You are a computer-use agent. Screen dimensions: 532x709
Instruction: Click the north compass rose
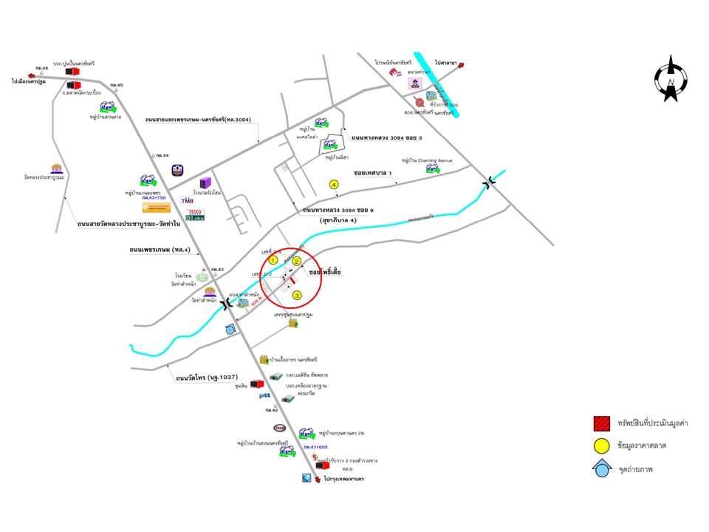(x=671, y=78)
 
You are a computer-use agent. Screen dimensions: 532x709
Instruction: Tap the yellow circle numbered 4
(x=334, y=184)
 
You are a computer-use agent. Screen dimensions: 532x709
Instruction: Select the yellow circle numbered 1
(x=273, y=260)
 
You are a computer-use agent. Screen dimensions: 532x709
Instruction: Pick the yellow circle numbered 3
(x=298, y=296)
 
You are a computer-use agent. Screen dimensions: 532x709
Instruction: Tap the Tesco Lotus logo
(x=195, y=214)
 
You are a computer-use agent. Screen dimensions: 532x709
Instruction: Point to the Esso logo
(x=280, y=428)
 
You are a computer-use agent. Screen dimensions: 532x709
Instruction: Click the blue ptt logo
(x=265, y=396)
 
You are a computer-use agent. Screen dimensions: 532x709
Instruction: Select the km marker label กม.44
(x=161, y=156)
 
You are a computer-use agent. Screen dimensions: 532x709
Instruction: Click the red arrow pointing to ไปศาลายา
(x=462, y=65)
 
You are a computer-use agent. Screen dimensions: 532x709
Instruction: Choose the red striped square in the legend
(x=601, y=423)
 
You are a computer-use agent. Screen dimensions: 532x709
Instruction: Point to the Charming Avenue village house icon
(x=431, y=169)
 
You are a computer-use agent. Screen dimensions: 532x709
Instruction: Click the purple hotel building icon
(x=205, y=183)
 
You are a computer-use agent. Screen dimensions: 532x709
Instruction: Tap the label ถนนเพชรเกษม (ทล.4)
(x=160, y=250)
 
